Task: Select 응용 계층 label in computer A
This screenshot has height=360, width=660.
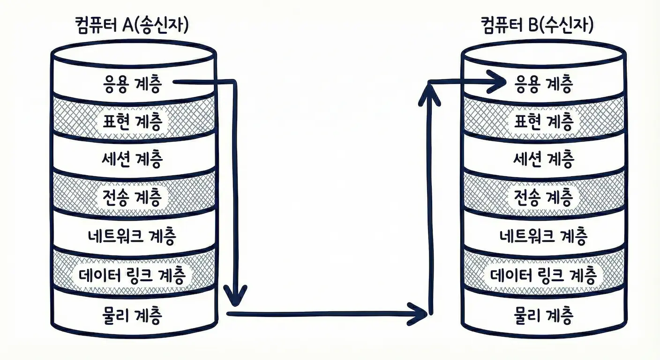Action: coord(132,84)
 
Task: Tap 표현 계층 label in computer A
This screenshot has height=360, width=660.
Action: coord(132,121)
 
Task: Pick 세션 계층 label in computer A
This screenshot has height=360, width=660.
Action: coord(132,160)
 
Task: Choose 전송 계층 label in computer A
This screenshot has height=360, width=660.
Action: coord(132,197)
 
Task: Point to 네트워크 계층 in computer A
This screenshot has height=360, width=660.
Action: coord(132,236)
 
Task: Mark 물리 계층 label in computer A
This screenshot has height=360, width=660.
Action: coord(132,315)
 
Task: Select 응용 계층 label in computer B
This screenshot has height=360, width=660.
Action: coord(544,84)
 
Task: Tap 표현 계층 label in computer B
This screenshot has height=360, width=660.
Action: coord(544,121)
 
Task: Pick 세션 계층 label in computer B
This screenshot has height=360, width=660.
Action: coord(544,160)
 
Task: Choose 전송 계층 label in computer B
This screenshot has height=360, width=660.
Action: coord(544,197)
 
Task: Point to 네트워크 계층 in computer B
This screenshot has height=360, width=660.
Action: coord(544,236)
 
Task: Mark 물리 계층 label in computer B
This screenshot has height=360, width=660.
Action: coord(544,315)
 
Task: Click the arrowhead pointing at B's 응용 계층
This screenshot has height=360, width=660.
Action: coord(498,83)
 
